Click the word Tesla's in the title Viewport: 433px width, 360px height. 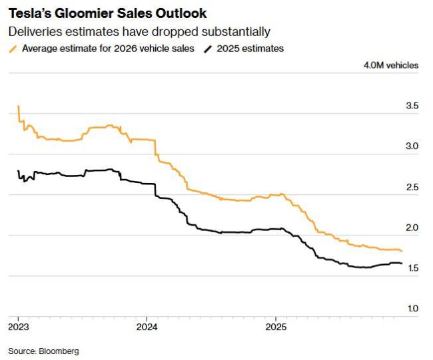click(28, 13)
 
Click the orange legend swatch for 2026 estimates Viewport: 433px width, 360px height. click(13, 49)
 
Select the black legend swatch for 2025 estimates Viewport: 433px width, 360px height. click(208, 49)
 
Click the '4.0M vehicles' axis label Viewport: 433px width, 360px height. click(391, 65)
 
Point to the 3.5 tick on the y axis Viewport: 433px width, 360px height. click(412, 106)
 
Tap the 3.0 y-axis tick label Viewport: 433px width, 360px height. click(412, 146)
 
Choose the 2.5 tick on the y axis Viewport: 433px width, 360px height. click(412, 187)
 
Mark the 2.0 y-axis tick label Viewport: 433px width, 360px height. click(412, 228)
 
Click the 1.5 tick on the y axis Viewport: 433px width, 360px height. click(412, 268)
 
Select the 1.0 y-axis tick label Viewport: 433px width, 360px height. click(412, 309)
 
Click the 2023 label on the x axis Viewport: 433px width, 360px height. click(19, 327)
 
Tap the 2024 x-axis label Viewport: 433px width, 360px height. click(147, 327)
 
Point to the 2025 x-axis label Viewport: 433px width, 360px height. click(276, 327)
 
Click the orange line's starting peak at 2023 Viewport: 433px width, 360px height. click(18, 106)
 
